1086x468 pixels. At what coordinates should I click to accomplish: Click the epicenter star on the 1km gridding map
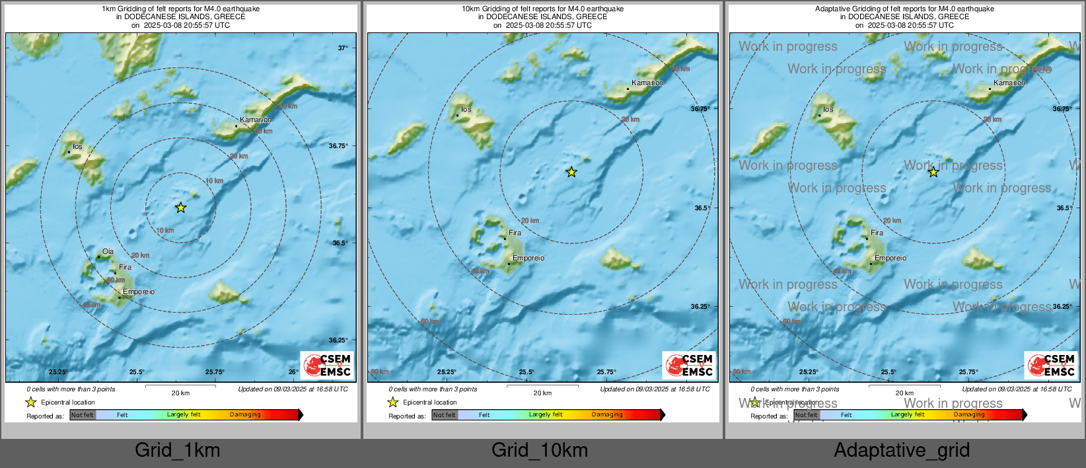pos(180,208)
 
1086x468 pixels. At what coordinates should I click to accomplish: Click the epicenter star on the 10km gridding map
pos(571,173)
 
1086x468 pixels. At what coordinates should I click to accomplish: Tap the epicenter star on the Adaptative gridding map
pos(933,173)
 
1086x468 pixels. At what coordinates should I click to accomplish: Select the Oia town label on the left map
pos(108,252)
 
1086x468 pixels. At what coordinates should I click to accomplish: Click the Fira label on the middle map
pos(515,233)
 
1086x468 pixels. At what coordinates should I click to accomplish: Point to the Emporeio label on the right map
pos(890,258)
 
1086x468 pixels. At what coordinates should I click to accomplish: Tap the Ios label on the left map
pos(77,147)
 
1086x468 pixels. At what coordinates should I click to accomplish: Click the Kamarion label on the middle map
pos(647,83)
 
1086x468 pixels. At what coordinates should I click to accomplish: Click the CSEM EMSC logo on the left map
pos(328,365)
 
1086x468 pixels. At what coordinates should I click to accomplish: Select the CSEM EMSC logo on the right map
pos(1051,365)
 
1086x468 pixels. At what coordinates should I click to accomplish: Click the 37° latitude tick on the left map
pos(343,48)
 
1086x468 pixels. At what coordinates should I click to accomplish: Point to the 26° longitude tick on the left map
pos(293,372)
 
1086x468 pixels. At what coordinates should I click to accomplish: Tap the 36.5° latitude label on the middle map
pos(702,208)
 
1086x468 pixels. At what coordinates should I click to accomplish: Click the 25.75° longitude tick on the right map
pos(968,372)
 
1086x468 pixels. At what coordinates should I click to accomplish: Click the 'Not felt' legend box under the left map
pos(83,415)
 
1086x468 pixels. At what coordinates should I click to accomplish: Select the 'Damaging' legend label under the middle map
pos(607,415)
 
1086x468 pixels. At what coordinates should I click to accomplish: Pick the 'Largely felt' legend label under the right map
pos(908,415)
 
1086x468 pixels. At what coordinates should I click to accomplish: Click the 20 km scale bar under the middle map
pos(542,386)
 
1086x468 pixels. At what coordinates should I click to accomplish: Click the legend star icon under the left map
pos(31,402)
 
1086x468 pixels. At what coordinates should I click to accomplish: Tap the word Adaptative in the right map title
pos(835,9)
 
